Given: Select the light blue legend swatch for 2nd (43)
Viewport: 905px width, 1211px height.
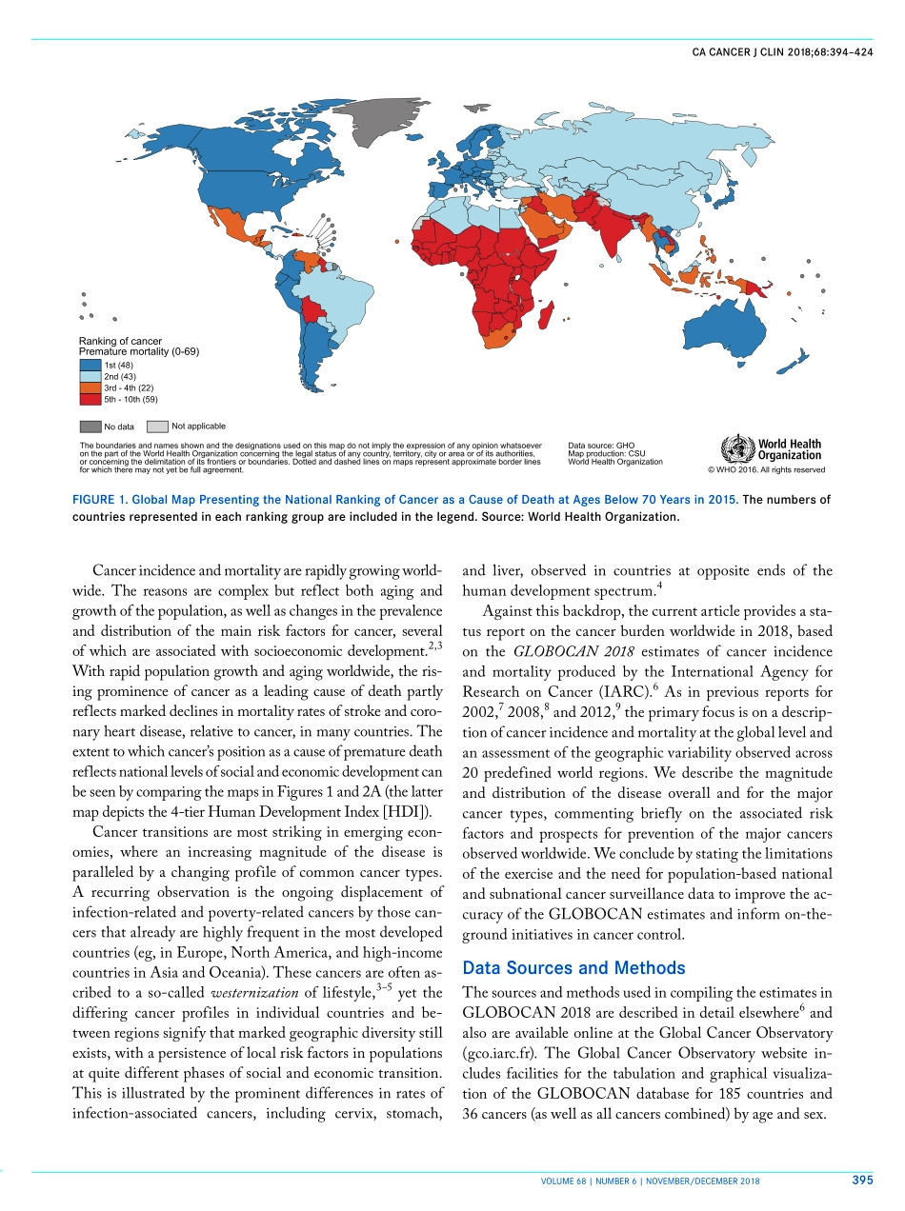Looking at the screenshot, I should point(90,377).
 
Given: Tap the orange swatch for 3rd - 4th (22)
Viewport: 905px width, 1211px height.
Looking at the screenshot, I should point(90,388).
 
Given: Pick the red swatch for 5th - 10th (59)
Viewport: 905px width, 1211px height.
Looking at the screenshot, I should point(90,399).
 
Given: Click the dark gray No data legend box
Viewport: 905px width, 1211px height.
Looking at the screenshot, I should point(90,427).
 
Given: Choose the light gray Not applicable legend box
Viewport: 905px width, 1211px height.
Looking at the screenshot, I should point(157,427).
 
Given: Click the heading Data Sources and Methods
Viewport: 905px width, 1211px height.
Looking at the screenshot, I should point(573,968).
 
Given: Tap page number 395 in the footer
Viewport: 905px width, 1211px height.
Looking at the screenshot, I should point(862,1181).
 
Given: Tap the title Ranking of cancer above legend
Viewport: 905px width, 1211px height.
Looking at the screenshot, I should point(120,341).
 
